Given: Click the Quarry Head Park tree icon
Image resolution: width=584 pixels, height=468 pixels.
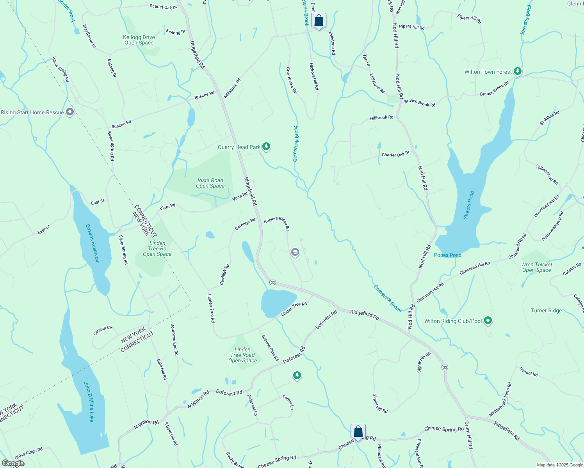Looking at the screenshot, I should [266, 147].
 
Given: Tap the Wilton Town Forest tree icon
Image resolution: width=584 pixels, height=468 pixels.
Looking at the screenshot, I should [517, 71].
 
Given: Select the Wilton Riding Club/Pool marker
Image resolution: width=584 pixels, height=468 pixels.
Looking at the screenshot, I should [488, 321].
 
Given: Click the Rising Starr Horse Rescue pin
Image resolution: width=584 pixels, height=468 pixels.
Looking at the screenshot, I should [70, 112].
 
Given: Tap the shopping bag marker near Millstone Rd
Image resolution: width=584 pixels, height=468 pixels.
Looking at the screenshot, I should [319, 21].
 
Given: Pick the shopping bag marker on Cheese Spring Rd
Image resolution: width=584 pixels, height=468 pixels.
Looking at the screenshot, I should [358, 431].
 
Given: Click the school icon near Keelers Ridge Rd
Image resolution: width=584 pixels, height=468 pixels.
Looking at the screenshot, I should [295, 252].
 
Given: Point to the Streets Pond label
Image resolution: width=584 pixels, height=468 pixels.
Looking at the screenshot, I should [468, 205].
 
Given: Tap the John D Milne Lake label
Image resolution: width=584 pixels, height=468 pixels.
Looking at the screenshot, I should [89, 402].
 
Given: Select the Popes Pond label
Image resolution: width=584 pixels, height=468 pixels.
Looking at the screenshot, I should [447, 255].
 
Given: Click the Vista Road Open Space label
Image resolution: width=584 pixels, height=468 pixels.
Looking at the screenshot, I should [210, 183].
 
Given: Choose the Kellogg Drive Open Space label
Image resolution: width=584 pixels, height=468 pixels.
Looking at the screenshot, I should [139, 40].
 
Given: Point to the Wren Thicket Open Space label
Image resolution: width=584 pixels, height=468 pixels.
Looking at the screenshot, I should [536, 267].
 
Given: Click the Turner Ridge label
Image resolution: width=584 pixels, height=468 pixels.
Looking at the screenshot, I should [546, 310].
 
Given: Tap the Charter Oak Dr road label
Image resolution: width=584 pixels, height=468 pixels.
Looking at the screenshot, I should [395, 154].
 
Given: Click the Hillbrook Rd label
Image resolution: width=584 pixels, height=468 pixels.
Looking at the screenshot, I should [381, 117].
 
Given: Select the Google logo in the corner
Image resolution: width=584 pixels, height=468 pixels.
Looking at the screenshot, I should [13, 463].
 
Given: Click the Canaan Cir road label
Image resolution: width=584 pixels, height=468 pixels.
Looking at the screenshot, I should [103, 330].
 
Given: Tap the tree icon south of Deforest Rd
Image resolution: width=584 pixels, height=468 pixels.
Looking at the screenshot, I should [297, 375].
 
